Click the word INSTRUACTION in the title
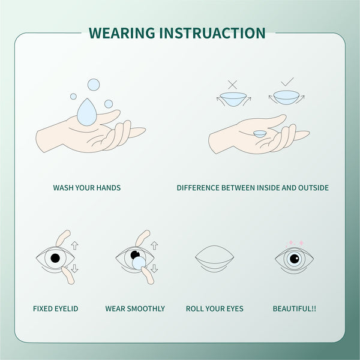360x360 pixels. point(213,32)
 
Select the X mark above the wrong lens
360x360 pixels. point(233,84)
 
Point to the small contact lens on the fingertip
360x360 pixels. point(260,134)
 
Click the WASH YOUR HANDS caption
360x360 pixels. point(87,188)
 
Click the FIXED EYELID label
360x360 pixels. point(55,309)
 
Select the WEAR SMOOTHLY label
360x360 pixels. point(135,309)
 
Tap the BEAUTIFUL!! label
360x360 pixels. point(294,309)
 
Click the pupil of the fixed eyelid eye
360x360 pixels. point(55,259)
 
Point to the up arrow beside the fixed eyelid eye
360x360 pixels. point(74,245)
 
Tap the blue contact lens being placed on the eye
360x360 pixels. point(139,262)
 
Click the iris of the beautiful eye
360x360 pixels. point(293,259)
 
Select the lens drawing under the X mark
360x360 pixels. point(233,98)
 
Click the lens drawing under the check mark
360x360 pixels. point(286,97)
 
